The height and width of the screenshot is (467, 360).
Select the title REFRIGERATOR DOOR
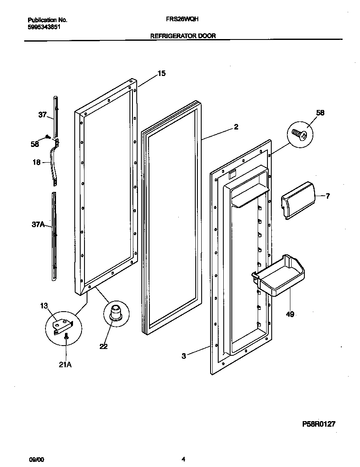click(x=183, y=36)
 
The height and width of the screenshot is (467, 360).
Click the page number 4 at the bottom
click(x=183, y=459)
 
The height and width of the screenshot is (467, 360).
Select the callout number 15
click(x=161, y=73)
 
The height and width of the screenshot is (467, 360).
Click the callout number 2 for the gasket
click(x=236, y=127)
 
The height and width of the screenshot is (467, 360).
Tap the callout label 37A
click(x=38, y=225)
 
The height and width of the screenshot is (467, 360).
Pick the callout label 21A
click(x=65, y=364)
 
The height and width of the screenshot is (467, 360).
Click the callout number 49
click(x=290, y=315)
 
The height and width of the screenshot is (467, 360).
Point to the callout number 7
click(x=327, y=196)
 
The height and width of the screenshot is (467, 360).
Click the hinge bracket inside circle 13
click(x=62, y=325)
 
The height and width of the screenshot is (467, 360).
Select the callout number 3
click(x=184, y=356)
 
